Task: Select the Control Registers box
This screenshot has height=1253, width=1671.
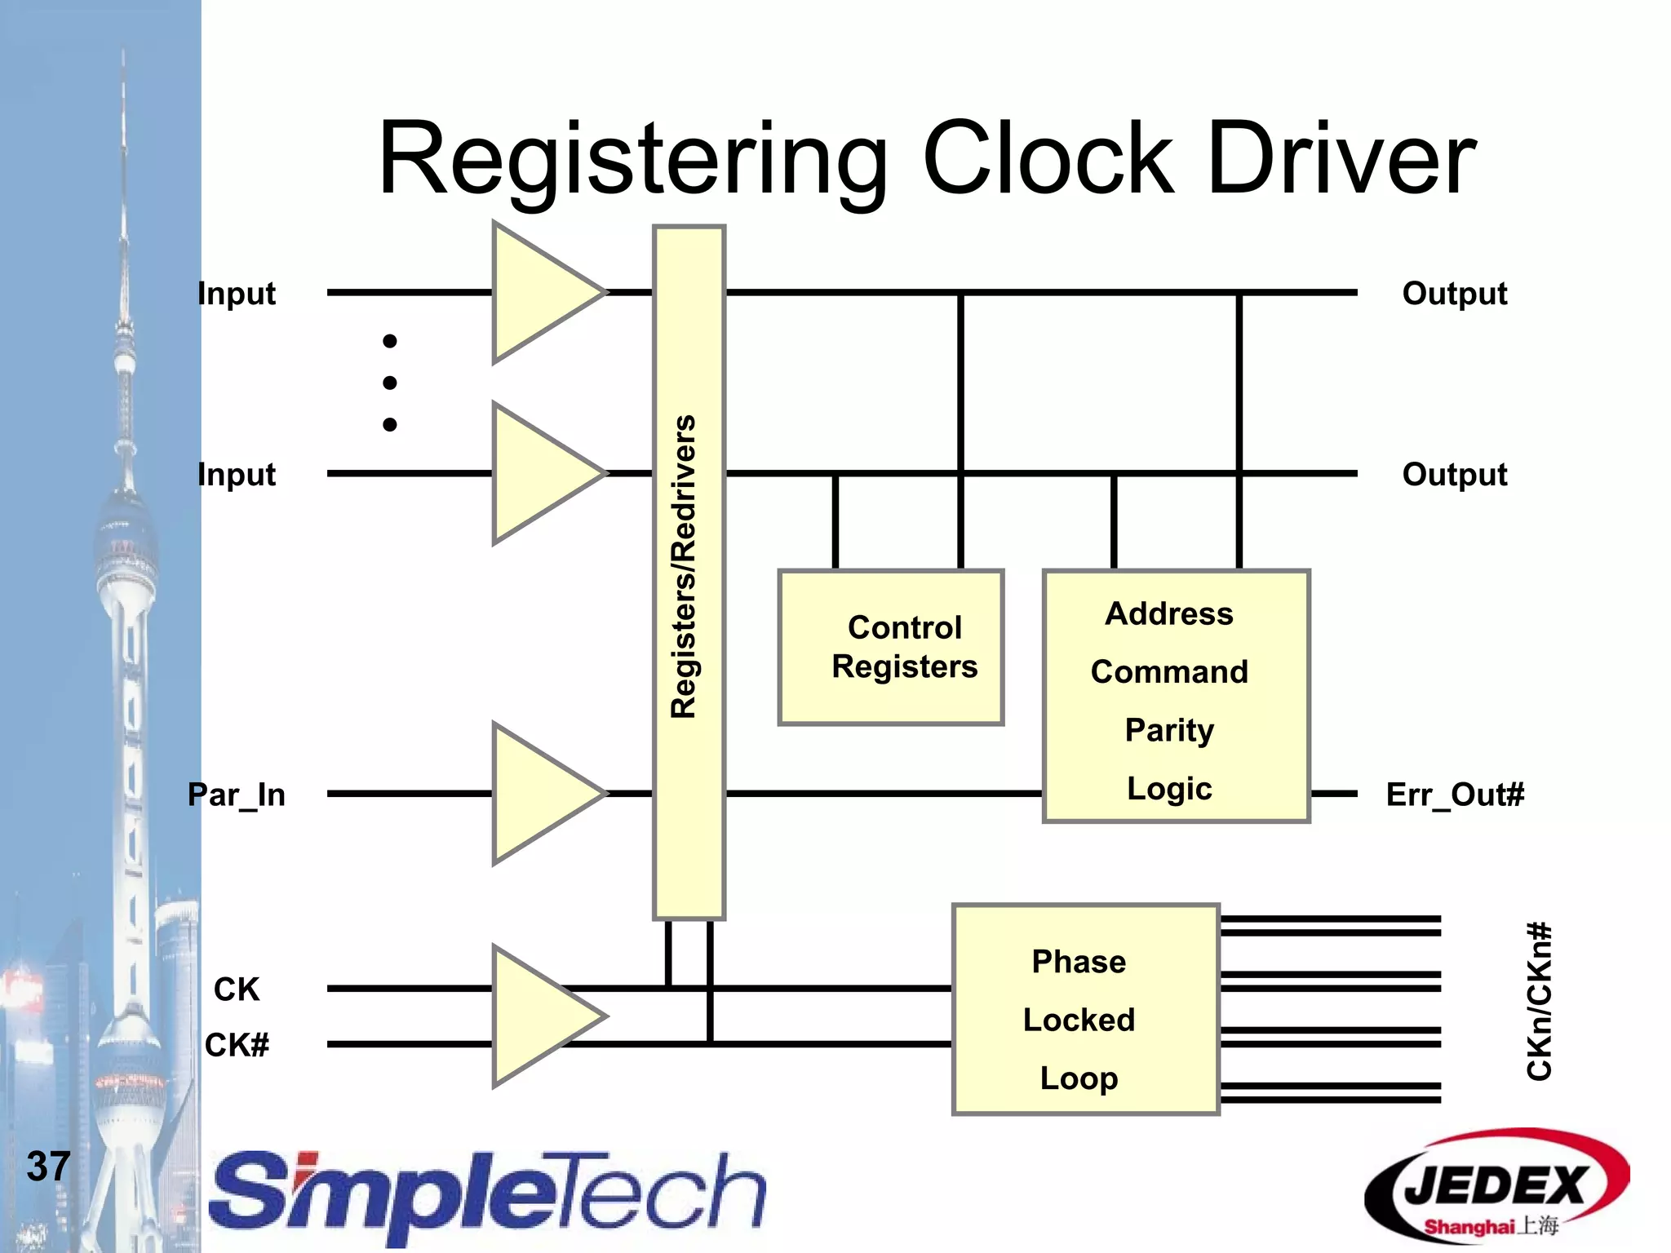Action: click(890, 647)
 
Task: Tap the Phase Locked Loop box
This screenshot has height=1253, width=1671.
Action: click(1085, 1009)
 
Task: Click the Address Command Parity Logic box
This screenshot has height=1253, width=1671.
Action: click(1176, 696)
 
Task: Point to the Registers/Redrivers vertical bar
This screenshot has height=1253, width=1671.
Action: click(688, 571)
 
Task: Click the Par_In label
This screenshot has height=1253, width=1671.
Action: click(237, 794)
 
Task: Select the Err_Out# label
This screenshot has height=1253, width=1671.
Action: click(1455, 794)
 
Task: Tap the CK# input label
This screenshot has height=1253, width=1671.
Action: click(237, 1045)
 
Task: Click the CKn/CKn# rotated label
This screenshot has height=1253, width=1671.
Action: click(1539, 1002)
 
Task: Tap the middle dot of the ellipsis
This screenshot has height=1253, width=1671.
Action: click(390, 383)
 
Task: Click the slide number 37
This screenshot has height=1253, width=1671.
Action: click(48, 1166)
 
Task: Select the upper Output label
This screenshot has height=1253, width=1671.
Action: click(1454, 293)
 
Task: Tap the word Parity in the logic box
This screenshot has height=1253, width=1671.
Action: click(1169, 730)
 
